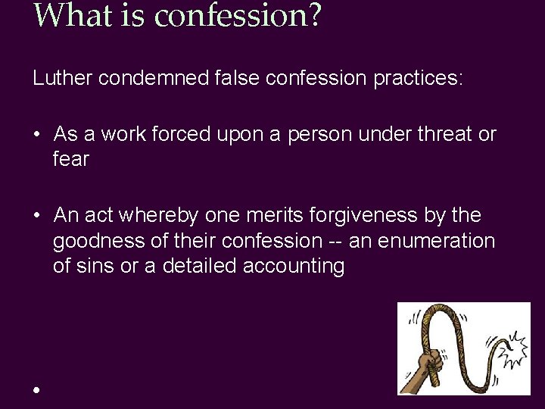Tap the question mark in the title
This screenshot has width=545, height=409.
point(313,15)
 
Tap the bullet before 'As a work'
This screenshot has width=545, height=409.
point(36,136)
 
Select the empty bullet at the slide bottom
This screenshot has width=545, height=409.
point(36,389)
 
